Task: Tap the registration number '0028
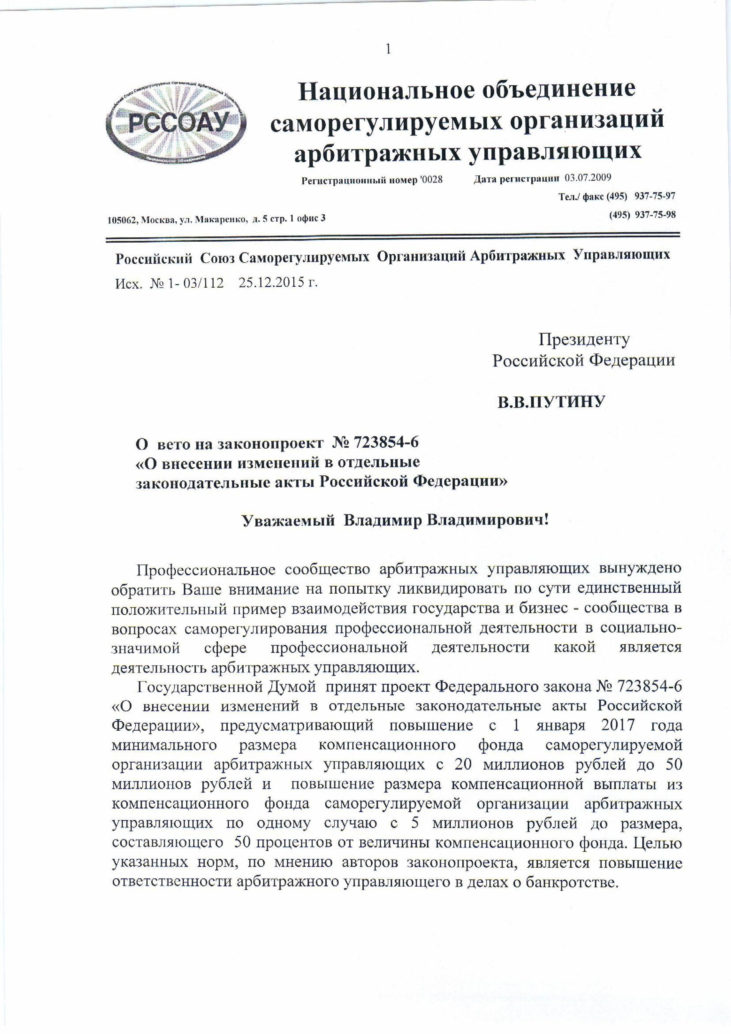point(431,180)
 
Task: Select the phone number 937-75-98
point(655,215)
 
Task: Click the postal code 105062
point(123,219)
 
